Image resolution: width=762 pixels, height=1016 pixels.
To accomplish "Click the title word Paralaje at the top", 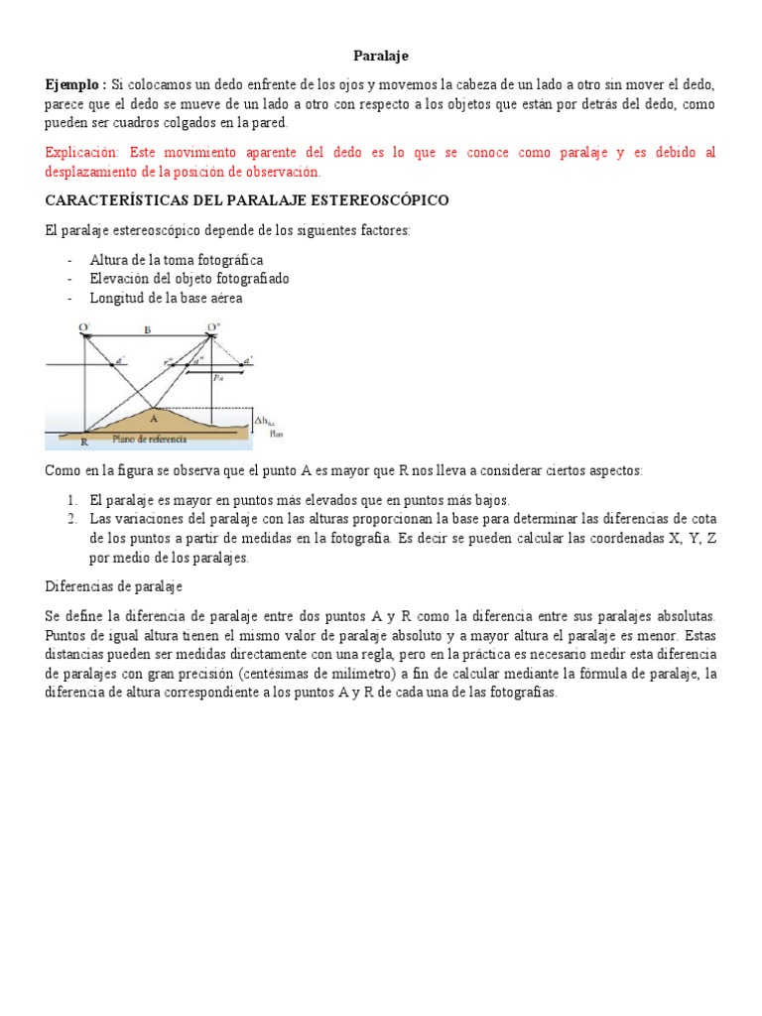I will click(381, 57).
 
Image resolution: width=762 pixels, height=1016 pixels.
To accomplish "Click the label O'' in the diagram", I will click(213, 326).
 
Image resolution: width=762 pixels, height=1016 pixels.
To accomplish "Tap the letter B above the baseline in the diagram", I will click(148, 330).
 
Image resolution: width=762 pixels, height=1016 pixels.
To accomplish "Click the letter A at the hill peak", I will click(153, 419).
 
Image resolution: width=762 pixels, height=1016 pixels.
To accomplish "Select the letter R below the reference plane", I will click(83, 443).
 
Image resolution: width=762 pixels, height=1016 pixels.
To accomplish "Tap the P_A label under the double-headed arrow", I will click(217, 378).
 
